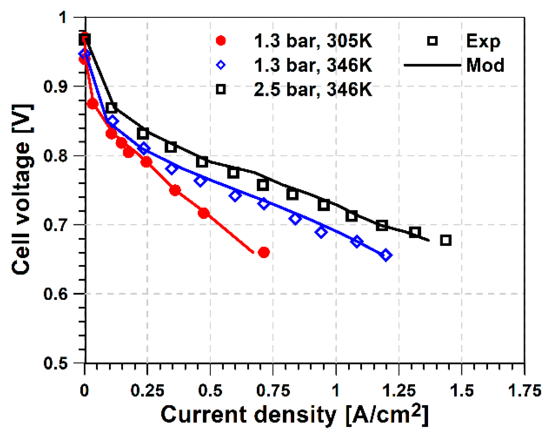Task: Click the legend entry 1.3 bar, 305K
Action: [312, 41]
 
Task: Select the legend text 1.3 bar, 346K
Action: [312, 65]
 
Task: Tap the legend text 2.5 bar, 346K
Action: [312, 89]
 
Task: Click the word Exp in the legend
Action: [483, 41]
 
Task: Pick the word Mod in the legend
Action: [485, 65]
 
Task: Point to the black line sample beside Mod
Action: [432, 65]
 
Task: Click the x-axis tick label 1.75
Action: [524, 390]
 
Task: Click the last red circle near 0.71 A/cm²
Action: [264, 252]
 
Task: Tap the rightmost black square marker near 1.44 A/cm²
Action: [446, 240]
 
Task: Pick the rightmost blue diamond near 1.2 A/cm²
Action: [386, 255]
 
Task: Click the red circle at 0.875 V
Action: [92, 104]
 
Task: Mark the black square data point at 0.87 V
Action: [111, 108]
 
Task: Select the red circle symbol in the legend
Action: [221, 41]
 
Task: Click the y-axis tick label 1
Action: [64, 18]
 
